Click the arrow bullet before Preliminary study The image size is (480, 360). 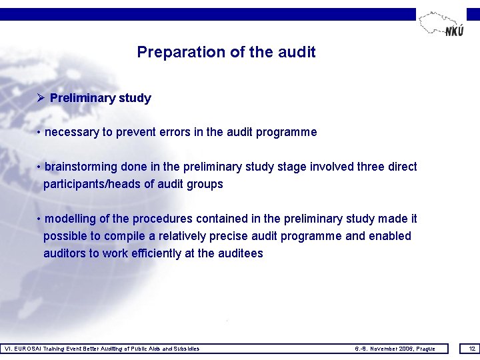[41, 98]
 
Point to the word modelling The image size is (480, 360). [71, 219]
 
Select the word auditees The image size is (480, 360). [241, 253]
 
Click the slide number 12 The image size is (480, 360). [472, 349]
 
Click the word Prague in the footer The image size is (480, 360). [424, 349]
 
